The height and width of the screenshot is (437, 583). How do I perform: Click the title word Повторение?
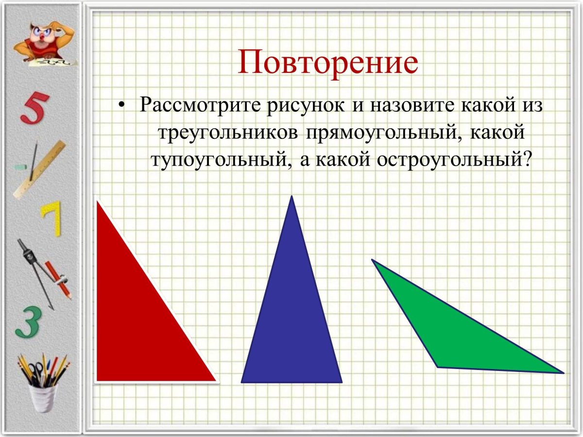[328, 62]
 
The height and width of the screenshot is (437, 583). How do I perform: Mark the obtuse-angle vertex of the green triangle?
[438, 367]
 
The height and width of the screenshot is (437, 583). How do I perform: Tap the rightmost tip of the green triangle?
[563, 373]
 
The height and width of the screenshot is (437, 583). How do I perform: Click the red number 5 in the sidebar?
[35, 108]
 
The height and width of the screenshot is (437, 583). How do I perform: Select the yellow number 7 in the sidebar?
[51, 218]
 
